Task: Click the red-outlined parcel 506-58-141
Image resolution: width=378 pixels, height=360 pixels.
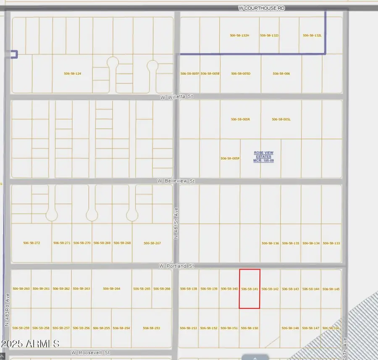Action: pyautogui.click(x=249, y=289)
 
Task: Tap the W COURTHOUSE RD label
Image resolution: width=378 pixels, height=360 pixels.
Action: pyautogui.click(x=258, y=8)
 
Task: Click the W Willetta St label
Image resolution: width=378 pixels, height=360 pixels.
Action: pyautogui.click(x=176, y=97)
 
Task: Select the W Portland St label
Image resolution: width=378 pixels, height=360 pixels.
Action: pyautogui.click(x=176, y=266)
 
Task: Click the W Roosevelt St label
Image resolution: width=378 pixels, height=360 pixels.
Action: pyautogui.click(x=90, y=353)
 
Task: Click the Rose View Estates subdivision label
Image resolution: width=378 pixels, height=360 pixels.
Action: pyautogui.click(x=263, y=157)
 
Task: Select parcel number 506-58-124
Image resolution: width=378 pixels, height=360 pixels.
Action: pyautogui.click(x=72, y=73)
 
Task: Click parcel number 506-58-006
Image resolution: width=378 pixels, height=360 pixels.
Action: pyautogui.click(x=281, y=73)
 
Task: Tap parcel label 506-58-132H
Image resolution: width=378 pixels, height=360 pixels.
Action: pyautogui.click(x=240, y=36)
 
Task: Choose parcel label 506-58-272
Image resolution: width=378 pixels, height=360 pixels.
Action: pyautogui.click(x=31, y=243)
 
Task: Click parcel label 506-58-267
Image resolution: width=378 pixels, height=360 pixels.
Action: pyautogui.click(x=152, y=243)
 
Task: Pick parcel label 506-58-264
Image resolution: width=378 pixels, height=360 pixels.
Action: pyautogui.click(x=112, y=289)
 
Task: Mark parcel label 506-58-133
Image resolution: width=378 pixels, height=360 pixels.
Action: pyautogui.click(x=331, y=243)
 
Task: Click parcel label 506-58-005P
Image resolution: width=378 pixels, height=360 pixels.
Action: pyautogui.click(x=230, y=158)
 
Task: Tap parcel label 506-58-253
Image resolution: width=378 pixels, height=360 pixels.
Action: pyautogui.click(x=152, y=328)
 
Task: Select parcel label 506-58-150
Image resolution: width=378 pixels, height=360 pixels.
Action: pyautogui.click(x=249, y=328)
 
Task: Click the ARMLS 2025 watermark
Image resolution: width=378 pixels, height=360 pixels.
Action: pyautogui.click(x=30, y=344)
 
